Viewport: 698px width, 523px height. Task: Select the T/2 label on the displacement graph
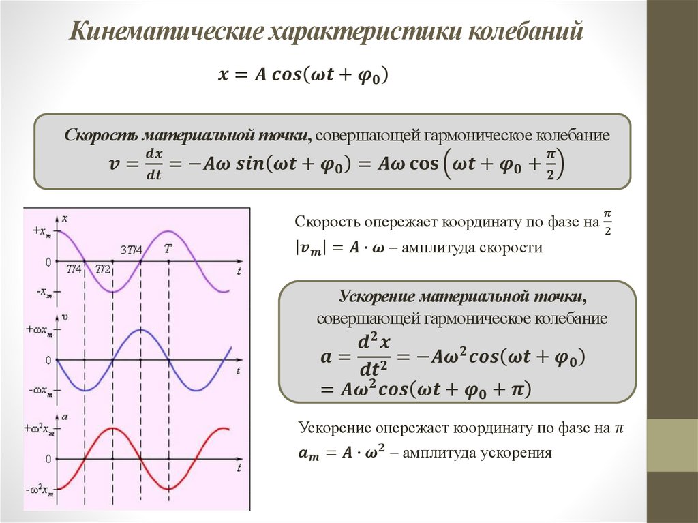click(104, 269)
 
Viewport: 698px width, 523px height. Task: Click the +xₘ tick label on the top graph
click(40, 231)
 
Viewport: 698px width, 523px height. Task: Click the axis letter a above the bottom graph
click(64, 415)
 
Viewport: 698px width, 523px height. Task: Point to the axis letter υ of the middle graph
click(64, 317)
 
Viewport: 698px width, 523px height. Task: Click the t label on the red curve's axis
click(240, 470)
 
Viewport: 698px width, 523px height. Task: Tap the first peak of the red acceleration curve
click(113, 429)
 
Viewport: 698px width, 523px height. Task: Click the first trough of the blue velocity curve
click(86, 390)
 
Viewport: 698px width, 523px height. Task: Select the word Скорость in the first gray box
click(95, 135)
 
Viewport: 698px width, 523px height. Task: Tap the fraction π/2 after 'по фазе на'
click(607, 225)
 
